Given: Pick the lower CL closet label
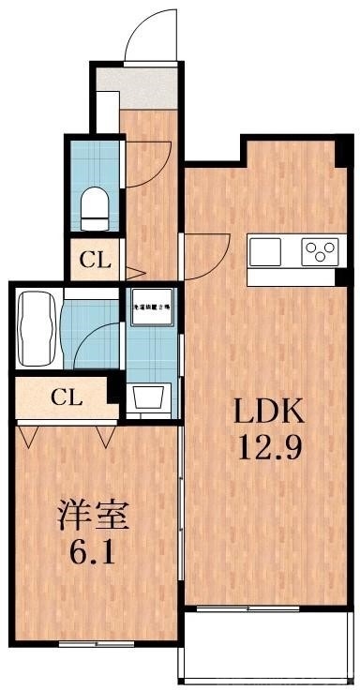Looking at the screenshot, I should [66, 397].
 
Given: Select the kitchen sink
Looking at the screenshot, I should [264, 252].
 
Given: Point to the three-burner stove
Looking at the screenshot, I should [320, 252].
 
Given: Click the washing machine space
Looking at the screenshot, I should [151, 307].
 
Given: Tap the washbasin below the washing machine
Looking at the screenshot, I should [150, 397].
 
